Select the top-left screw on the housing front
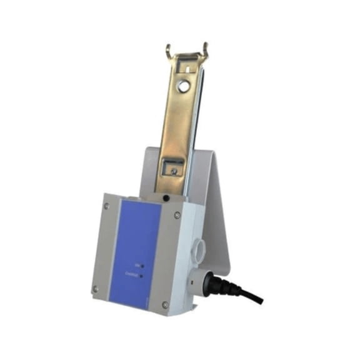(x=106, y=205)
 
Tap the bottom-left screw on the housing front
(x=96, y=289)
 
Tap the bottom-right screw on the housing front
(x=165, y=304)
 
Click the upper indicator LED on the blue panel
(x=142, y=266)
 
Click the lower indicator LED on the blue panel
(x=142, y=275)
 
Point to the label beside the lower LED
(x=131, y=274)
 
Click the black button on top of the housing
(x=166, y=198)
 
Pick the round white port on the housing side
(x=199, y=244)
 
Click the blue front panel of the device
(x=141, y=250)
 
